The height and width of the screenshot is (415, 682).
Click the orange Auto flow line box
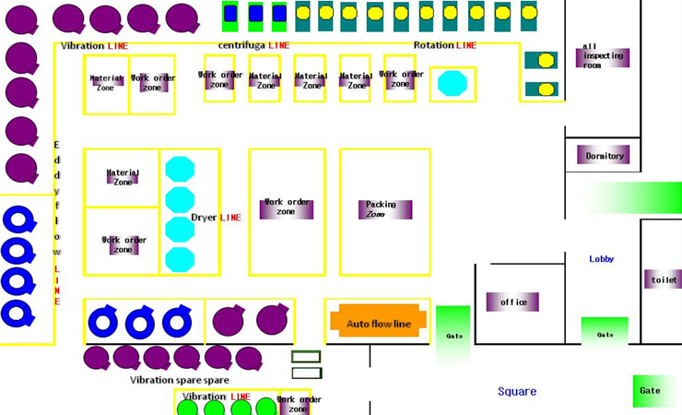click(378, 324)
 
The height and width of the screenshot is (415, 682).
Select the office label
click(512, 302)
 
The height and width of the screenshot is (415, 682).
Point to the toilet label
click(664, 279)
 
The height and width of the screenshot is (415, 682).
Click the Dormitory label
click(604, 156)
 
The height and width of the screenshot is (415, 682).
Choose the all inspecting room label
click(604, 56)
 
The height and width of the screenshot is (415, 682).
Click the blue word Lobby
click(602, 259)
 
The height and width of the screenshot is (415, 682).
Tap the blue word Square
click(517, 391)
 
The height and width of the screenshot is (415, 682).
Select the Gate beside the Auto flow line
click(453, 336)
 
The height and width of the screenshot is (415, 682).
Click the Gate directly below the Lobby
click(605, 334)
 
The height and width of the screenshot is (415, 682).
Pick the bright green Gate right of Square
click(650, 390)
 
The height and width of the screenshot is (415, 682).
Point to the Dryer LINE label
click(216, 218)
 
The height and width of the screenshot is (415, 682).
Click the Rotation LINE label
click(444, 45)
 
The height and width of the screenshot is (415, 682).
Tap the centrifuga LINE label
click(253, 45)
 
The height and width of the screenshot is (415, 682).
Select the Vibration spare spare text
click(180, 380)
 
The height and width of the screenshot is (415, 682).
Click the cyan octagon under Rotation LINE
click(453, 83)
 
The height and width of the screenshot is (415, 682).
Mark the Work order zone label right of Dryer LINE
click(286, 207)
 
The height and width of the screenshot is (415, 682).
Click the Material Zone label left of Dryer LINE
click(123, 176)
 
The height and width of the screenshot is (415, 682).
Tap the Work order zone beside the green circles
click(299, 403)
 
